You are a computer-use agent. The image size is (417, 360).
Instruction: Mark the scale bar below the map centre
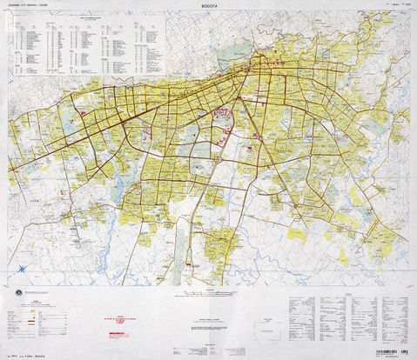click(x=209, y=293)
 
